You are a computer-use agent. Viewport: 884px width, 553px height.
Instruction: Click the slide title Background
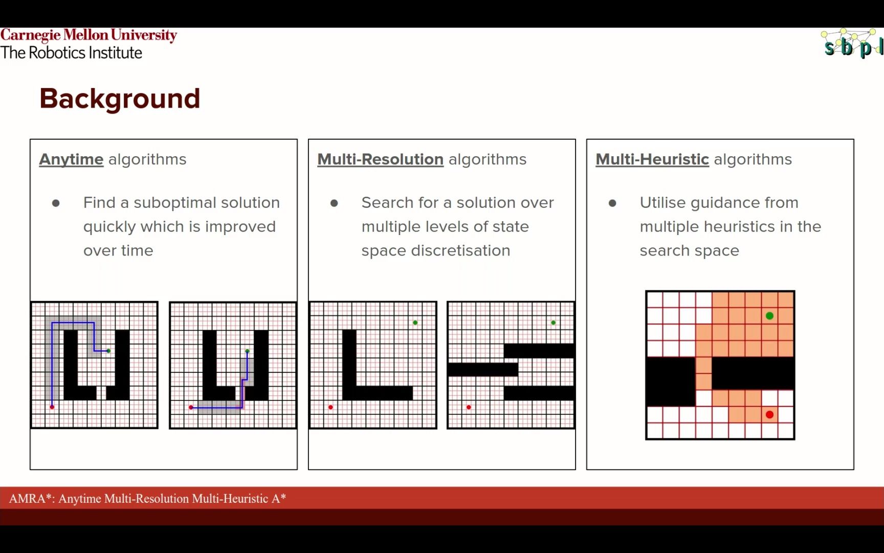click(120, 99)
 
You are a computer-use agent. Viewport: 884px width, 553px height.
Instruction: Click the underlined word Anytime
click(72, 160)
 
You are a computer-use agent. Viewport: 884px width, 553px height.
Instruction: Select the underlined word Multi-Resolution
click(380, 160)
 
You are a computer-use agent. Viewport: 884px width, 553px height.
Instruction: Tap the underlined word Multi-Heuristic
click(652, 160)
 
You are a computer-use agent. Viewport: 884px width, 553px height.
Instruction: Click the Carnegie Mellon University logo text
click(89, 35)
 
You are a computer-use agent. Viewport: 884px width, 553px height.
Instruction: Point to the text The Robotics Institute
click(71, 53)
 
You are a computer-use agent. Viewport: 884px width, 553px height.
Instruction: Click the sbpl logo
click(852, 44)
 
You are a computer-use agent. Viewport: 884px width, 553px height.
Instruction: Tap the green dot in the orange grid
click(769, 316)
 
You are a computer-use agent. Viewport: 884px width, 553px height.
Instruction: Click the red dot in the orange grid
click(769, 415)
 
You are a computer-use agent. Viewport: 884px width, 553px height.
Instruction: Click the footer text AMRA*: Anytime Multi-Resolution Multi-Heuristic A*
click(147, 499)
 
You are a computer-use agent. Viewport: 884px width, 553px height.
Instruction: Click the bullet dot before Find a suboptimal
click(56, 203)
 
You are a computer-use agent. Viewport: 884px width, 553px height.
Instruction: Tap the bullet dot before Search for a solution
click(334, 203)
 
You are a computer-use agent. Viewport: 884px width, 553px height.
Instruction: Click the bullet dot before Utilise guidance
click(612, 203)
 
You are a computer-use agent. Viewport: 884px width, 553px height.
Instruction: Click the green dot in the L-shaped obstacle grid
click(415, 323)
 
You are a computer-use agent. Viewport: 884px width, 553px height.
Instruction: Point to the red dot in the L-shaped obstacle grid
click(330, 408)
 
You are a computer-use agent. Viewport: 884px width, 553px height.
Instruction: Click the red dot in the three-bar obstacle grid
click(469, 408)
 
